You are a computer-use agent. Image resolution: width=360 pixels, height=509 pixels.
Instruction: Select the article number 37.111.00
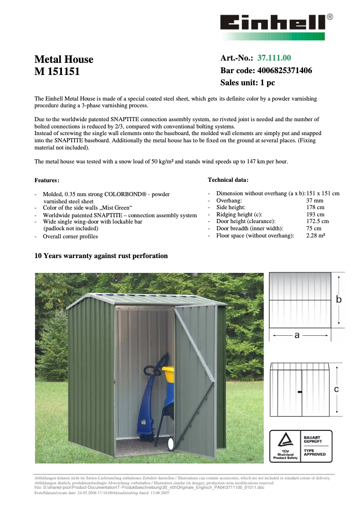click(x=274, y=58)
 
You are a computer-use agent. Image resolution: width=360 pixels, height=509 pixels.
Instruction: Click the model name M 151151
click(x=57, y=71)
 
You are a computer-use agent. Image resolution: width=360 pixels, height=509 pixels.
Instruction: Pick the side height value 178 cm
click(x=315, y=207)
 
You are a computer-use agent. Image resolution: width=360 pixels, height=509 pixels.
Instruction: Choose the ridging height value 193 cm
click(x=315, y=215)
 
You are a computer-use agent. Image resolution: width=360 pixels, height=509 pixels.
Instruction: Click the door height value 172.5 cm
click(x=317, y=221)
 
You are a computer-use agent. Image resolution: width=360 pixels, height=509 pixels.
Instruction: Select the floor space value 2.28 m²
click(x=316, y=235)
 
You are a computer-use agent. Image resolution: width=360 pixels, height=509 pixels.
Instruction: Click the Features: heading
click(x=47, y=180)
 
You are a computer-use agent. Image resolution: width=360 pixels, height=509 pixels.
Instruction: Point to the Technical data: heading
click(x=228, y=180)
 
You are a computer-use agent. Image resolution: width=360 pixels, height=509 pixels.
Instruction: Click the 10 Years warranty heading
click(x=101, y=256)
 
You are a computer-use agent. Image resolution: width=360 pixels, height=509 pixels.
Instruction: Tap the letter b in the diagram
click(x=339, y=299)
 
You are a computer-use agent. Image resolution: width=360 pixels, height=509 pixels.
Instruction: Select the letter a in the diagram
click(x=297, y=335)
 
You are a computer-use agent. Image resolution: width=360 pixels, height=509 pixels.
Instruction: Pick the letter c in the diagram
click(x=337, y=390)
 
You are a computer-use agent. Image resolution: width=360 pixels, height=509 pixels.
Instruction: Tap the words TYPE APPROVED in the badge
click(x=315, y=452)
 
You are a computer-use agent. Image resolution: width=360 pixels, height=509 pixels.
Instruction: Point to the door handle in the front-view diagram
click(x=299, y=392)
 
